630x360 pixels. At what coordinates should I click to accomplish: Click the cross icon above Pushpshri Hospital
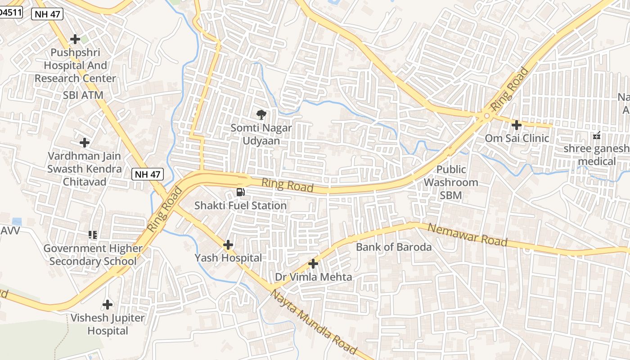tap(75, 39)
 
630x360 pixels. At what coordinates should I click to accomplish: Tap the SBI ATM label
tap(83, 95)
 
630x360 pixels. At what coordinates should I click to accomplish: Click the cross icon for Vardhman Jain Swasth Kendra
tap(85, 143)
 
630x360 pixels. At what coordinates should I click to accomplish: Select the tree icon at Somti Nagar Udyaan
tap(261, 114)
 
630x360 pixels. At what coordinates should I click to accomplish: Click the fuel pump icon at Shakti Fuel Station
tap(241, 192)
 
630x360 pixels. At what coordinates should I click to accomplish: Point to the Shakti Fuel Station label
tap(240, 206)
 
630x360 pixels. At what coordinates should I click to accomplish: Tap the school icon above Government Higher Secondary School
tap(93, 234)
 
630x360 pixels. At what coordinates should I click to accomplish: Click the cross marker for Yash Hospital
tap(228, 245)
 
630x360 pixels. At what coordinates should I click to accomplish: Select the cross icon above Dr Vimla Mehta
tap(313, 263)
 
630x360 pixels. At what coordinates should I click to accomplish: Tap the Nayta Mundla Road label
tap(314, 322)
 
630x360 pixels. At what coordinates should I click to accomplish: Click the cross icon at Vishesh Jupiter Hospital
tap(108, 305)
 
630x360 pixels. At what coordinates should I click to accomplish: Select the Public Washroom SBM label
tap(451, 182)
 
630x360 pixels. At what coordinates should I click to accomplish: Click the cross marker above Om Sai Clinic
tap(517, 125)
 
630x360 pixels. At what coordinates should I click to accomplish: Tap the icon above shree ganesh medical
tap(597, 135)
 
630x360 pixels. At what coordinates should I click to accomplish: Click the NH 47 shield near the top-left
tap(47, 14)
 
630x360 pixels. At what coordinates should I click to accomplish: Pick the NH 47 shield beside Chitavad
tap(148, 174)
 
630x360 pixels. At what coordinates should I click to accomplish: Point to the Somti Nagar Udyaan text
tap(261, 134)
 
